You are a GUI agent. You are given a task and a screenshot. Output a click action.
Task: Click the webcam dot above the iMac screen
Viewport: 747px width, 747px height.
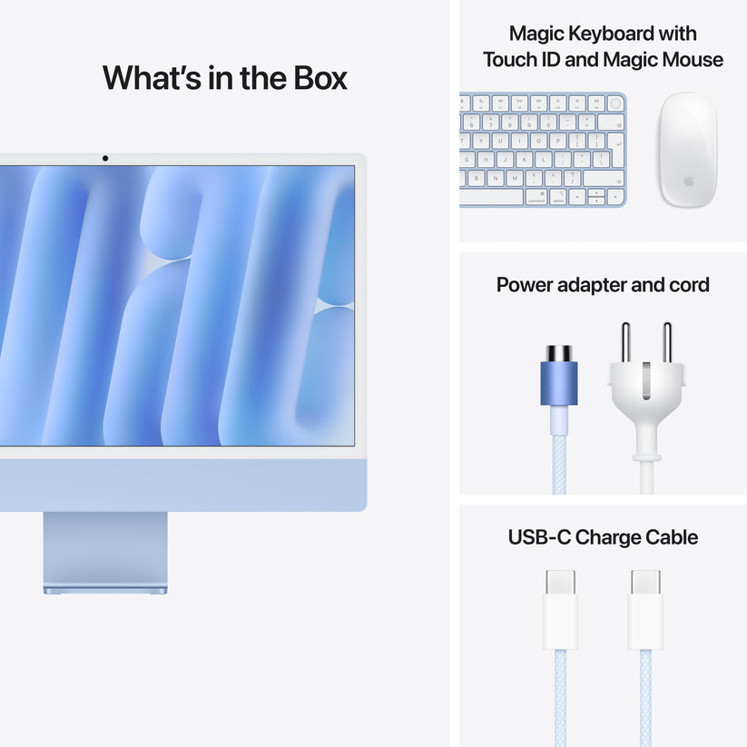105,159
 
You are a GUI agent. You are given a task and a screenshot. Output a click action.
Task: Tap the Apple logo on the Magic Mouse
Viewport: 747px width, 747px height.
688,182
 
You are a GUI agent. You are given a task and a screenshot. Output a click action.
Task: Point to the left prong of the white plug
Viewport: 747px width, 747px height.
625,343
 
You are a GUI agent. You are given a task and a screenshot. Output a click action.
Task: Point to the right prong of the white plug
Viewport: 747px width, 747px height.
667,343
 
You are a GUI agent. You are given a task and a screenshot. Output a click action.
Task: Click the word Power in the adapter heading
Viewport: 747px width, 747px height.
527,285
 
